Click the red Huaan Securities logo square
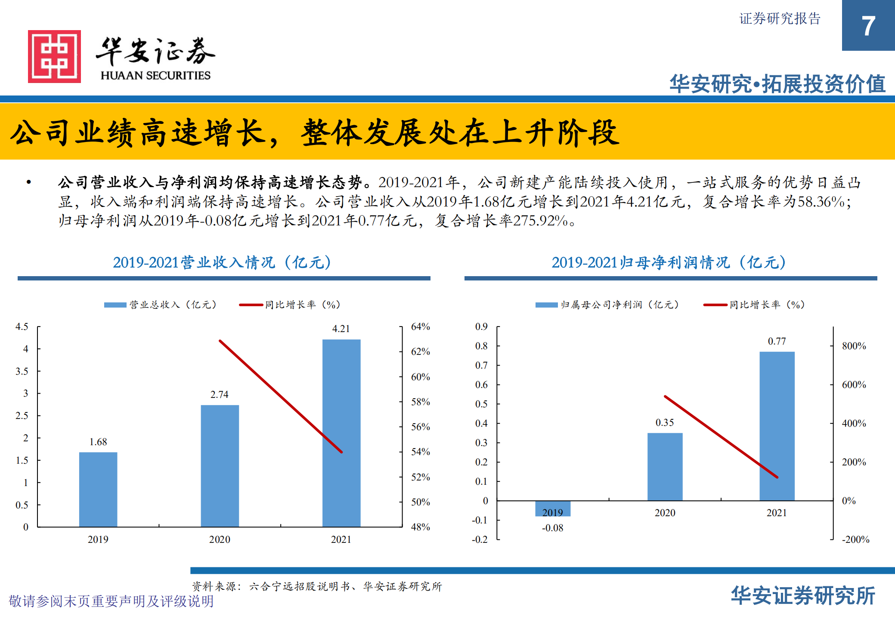[54, 56]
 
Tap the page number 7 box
[868, 26]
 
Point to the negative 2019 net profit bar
[553, 508]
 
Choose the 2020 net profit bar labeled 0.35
[665, 466]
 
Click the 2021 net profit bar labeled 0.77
[777, 426]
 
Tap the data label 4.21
[341, 329]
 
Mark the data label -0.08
[553, 528]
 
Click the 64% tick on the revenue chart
[420, 326]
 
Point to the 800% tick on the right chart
[854, 346]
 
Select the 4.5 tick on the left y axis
[22, 326]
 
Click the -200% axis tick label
[855, 539]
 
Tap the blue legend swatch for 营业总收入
[115, 305]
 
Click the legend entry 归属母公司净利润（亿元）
[619, 305]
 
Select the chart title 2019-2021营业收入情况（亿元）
[222, 262]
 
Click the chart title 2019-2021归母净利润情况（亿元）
[669, 262]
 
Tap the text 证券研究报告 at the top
[780, 19]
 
